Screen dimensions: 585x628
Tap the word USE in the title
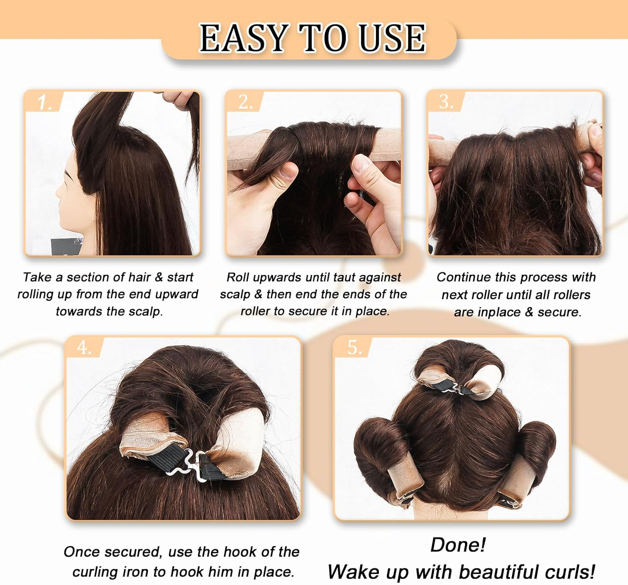tap(392, 38)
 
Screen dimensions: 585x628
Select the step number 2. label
tap(246, 102)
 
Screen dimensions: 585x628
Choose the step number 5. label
tap(355, 348)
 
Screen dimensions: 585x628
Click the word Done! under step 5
tap(458, 545)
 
